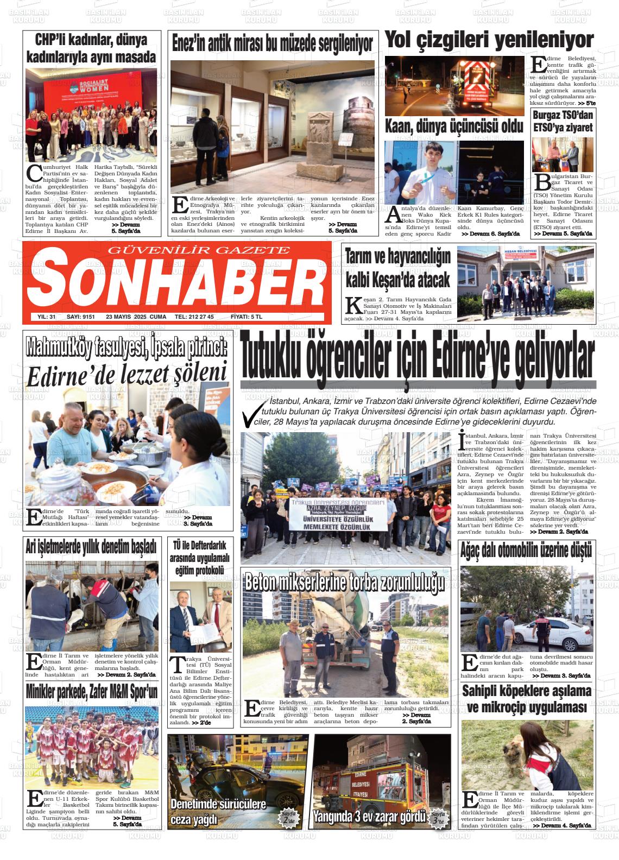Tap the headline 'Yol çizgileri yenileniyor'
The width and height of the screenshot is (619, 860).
489,41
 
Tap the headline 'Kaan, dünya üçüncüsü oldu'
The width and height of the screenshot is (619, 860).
454,127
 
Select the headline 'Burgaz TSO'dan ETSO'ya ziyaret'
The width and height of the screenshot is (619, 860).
563,122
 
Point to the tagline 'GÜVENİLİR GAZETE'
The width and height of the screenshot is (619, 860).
200,250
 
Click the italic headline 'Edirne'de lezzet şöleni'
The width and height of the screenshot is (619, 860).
127,374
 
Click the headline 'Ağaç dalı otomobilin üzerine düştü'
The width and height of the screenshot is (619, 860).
526,551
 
